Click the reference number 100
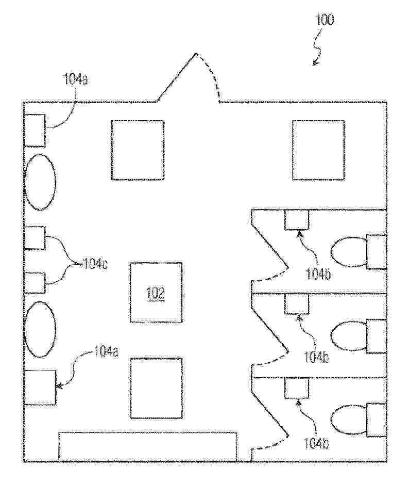click(325, 20)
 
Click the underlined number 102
click(156, 293)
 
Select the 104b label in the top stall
click(318, 274)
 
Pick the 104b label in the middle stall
click(317, 358)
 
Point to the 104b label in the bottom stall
click(317, 444)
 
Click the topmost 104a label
click(75, 79)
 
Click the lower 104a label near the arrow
click(106, 352)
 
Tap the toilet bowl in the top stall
click(349, 252)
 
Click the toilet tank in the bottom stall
click(377, 420)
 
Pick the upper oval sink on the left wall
click(40, 182)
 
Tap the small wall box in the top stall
click(296, 219)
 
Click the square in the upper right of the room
click(318, 150)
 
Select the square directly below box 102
click(157, 388)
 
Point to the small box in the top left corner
click(35, 131)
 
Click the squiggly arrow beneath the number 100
click(317, 47)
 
